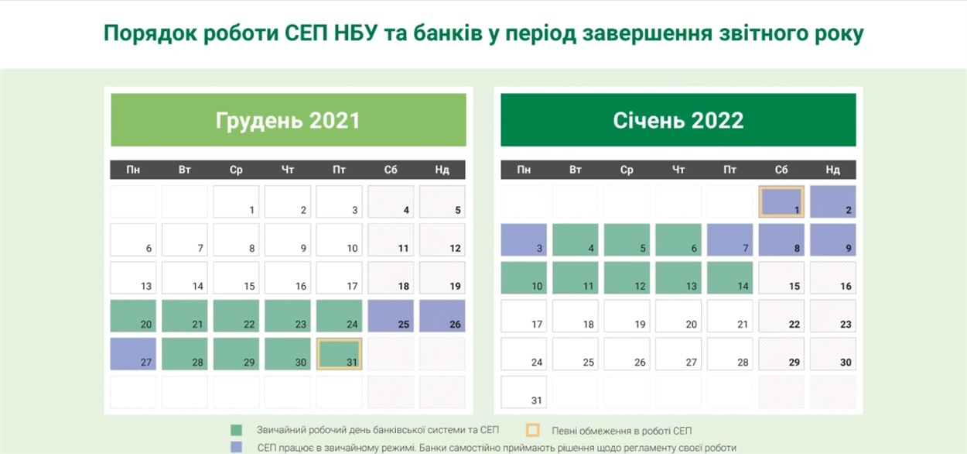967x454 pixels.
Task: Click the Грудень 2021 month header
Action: [x=289, y=120]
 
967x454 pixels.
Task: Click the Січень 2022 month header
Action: [x=678, y=120]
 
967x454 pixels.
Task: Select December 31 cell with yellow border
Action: [x=340, y=354]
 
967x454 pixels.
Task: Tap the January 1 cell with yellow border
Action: [x=781, y=201]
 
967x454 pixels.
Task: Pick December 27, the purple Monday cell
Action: [x=133, y=354]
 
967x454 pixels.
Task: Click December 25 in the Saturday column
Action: [x=391, y=316]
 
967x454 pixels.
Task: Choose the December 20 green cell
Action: [x=133, y=316]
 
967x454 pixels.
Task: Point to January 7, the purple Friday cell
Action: [x=730, y=240]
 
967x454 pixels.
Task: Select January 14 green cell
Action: [x=730, y=278]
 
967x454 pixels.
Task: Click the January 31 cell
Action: [x=524, y=392]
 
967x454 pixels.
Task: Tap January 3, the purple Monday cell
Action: [x=524, y=240]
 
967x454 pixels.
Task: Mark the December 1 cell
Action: [x=236, y=201]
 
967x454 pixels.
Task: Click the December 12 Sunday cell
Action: [x=442, y=240]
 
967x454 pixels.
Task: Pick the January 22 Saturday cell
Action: [x=781, y=316]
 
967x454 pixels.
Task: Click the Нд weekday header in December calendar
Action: [x=442, y=170]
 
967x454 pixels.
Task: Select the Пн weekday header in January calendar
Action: [x=524, y=170]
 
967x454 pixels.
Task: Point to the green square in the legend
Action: [x=236, y=430]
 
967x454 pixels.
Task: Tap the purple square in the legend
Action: [x=236, y=447]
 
